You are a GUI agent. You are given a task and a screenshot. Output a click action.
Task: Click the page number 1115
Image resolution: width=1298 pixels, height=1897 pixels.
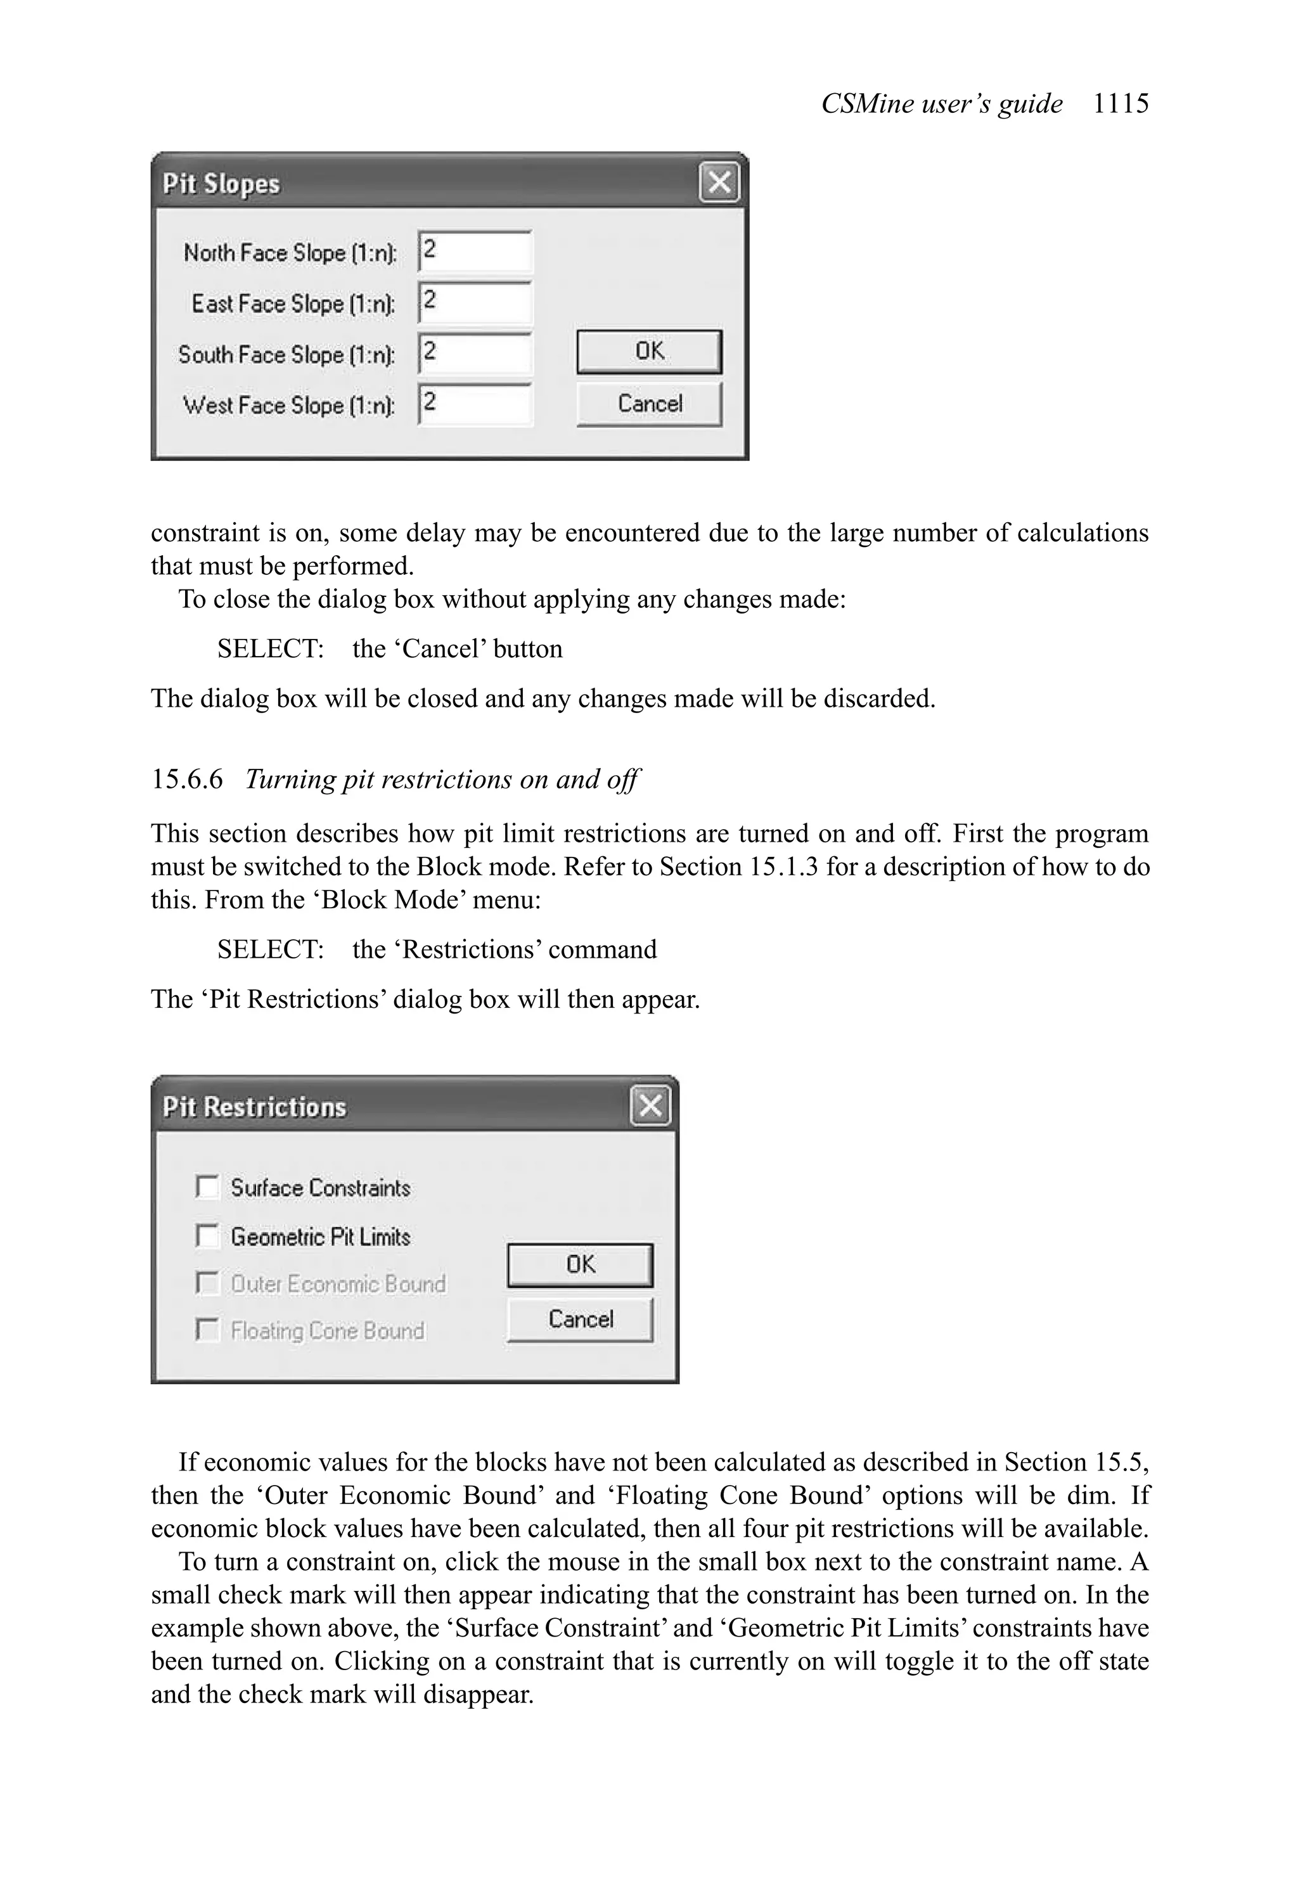(1120, 104)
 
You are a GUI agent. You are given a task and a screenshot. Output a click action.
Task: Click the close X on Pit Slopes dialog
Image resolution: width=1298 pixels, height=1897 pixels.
(718, 182)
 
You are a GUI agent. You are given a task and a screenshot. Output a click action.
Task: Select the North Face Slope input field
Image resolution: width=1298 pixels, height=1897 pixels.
(474, 252)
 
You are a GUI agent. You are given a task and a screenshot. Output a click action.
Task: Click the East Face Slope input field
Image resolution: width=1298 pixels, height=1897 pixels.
(474, 302)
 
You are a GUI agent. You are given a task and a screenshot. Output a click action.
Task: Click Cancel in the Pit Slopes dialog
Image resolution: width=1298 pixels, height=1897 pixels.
(649, 404)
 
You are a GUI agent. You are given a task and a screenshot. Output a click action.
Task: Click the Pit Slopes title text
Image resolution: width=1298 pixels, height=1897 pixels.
(221, 184)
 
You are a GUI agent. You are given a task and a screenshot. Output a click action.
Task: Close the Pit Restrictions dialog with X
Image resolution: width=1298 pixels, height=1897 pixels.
(650, 1105)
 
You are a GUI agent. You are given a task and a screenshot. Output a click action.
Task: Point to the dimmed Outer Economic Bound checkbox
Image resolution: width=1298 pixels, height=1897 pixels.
(207, 1283)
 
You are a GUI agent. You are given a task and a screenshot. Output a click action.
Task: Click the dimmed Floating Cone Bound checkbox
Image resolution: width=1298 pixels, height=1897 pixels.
(207, 1330)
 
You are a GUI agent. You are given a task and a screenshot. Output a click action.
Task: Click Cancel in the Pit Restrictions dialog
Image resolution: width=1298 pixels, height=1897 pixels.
(580, 1319)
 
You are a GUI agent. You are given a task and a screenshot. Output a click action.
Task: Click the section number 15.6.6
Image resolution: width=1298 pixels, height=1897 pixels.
(187, 780)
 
